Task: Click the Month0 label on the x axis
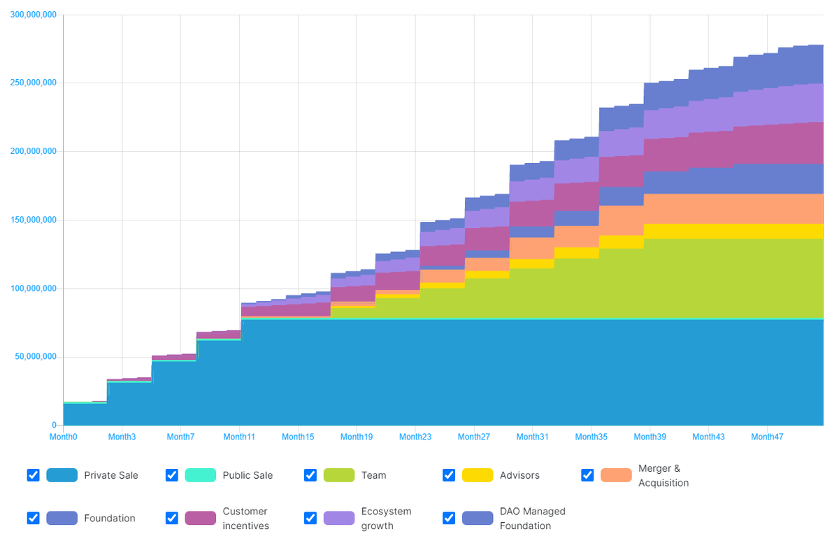[x=63, y=437]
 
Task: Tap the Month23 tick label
[x=415, y=437]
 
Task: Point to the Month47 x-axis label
[x=767, y=437]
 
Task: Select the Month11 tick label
[x=239, y=437]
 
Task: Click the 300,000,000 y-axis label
[x=34, y=15]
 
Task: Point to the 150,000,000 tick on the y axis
[x=34, y=220]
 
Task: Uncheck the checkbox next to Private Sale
[x=33, y=475]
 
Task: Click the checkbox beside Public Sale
[x=171, y=475]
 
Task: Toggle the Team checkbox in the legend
[x=310, y=475]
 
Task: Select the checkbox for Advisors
[x=449, y=475]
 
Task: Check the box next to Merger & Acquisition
[x=587, y=475]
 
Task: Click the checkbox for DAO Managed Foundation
[x=449, y=518]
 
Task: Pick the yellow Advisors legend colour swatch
[x=477, y=475]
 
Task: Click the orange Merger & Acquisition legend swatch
[x=615, y=475]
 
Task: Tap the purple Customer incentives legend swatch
[x=200, y=518]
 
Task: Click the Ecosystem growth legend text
[x=386, y=519]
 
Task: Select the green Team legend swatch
[x=338, y=475]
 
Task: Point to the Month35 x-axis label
[x=591, y=437]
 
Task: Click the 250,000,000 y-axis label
[x=34, y=83]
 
